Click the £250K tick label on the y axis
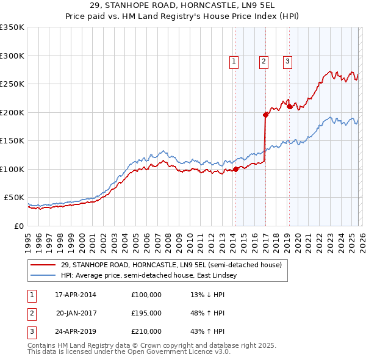[x=12, y=84]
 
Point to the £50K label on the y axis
[x=14, y=198]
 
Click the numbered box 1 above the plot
[x=234, y=61]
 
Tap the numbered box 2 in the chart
[x=264, y=61]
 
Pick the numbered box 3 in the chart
[x=287, y=61]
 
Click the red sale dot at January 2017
[x=265, y=115]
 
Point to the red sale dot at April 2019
[x=290, y=106]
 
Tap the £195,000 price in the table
[x=146, y=313]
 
